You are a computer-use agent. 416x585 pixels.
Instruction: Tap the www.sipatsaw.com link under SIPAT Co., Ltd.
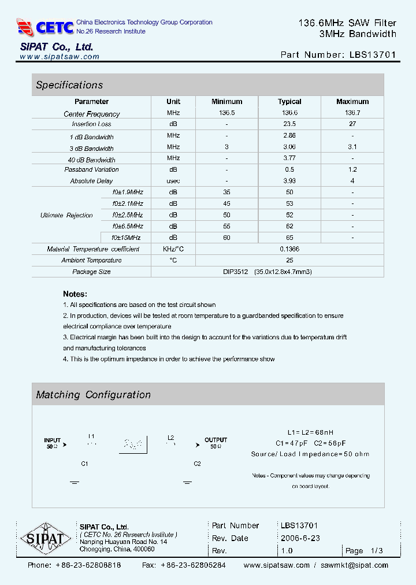pyautogui.click(x=60, y=57)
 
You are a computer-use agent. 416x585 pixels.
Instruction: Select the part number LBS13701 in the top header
pyautogui.click(x=373, y=55)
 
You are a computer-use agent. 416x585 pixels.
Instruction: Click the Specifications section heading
pyautogui.click(x=69, y=85)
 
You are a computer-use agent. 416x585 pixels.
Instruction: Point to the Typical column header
pyautogui.click(x=289, y=101)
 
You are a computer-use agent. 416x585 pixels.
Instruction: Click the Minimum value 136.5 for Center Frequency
pyautogui.click(x=226, y=113)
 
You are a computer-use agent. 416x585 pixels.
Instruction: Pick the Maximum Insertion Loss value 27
pyautogui.click(x=352, y=124)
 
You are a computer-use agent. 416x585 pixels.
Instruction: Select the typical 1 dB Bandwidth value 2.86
pyautogui.click(x=289, y=135)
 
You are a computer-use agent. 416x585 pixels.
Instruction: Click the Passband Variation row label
pyautogui.click(x=91, y=170)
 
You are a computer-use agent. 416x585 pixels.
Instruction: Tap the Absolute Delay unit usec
pyautogui.click(x=173, y=181)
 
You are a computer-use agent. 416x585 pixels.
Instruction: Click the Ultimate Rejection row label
pyautogui.click(x=66, y=215)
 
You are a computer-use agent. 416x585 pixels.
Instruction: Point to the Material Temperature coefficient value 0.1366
pyautogui.click(x=289, y=249)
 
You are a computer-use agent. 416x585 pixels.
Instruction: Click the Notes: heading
pyautogui.click(x=75, y=294)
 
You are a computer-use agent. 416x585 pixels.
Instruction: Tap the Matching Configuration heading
pyautogui.click(x=93, y=395)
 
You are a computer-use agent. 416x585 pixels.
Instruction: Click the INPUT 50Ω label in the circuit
pyautogui.click(x=52, y=443)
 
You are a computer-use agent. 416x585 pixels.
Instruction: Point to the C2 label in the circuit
pyautogui.click(x=197, y=464)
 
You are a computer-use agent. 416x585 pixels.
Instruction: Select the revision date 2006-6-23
pyautogui.click(x=300, y=538)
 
